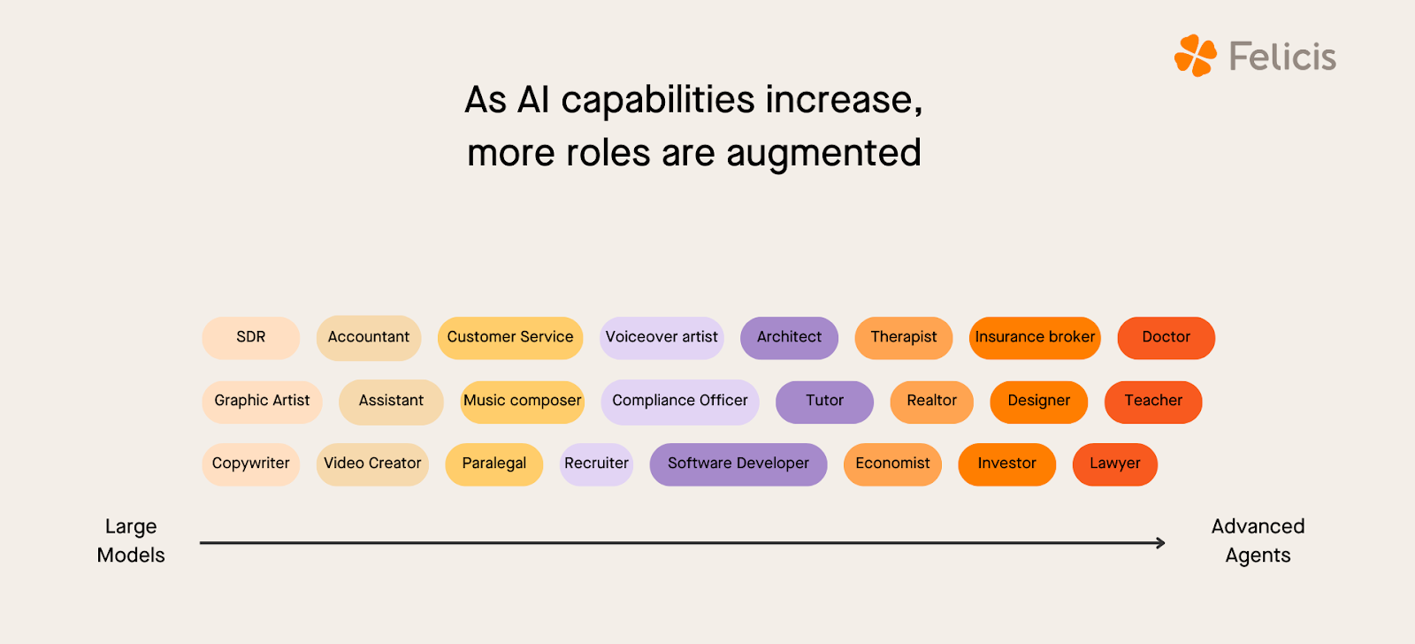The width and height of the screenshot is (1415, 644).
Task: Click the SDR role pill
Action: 251,337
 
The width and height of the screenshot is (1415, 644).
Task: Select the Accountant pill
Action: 369,337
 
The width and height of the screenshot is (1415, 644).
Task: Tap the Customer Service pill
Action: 510,337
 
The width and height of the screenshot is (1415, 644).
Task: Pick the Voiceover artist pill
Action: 662,337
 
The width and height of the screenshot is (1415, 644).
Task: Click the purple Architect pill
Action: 789,337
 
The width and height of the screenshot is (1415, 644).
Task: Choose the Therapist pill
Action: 903,337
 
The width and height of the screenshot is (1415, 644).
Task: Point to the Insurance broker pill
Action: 1035,337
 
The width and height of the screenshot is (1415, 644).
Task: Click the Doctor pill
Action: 1166,337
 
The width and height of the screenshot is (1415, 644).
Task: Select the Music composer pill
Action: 522,401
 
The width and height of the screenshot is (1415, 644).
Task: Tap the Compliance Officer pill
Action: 680,401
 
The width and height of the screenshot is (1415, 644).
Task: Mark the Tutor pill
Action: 824,401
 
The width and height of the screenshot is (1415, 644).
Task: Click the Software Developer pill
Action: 738,464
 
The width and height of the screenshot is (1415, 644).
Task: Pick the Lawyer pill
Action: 1114,464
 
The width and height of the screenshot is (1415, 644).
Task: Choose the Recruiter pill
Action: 596,464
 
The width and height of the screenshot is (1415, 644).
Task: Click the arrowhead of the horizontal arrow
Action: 1160,543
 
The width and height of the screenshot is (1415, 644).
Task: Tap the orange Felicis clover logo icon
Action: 1196,56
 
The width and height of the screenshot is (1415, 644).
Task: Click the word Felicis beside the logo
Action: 1282,57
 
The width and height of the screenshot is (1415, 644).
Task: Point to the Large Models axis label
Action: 131,540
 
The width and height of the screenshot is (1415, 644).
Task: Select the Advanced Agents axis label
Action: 1258,540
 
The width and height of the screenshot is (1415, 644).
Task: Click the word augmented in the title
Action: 823,154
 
